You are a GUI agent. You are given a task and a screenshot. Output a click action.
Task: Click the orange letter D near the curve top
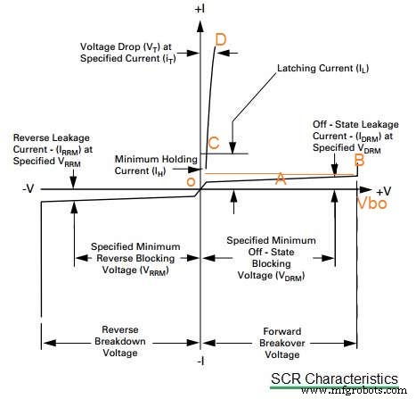221,40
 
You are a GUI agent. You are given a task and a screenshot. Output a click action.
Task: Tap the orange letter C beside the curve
213,143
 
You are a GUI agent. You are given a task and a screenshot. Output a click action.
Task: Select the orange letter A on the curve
281,179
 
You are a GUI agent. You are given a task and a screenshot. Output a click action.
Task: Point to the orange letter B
359,161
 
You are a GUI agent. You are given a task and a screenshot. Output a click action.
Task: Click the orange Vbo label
373,204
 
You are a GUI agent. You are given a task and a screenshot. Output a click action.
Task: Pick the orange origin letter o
190,182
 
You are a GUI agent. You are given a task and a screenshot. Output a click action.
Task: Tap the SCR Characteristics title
334,379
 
